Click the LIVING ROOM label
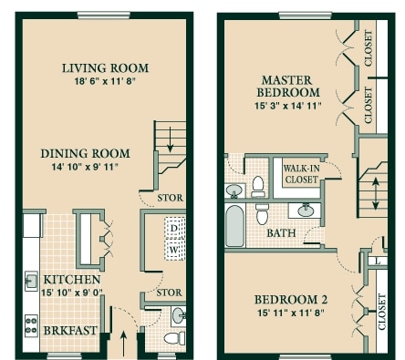[105, 68]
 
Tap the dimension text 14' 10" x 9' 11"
[85, 167]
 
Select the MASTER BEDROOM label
[287, 87]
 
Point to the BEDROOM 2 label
[291, 300]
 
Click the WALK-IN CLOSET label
[301, 174]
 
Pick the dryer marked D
[174, 228]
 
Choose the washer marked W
[174, 250]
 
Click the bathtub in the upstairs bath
[235, 226]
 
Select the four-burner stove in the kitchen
[31, 325]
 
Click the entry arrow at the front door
[123, 344]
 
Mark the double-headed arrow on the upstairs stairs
[376, 194]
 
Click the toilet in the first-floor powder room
[174, 338]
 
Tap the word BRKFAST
[70, 331]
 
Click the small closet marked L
[377, 261]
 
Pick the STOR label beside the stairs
[170, 198]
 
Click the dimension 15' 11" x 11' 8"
[291, 313]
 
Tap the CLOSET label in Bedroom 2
[382, 312]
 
